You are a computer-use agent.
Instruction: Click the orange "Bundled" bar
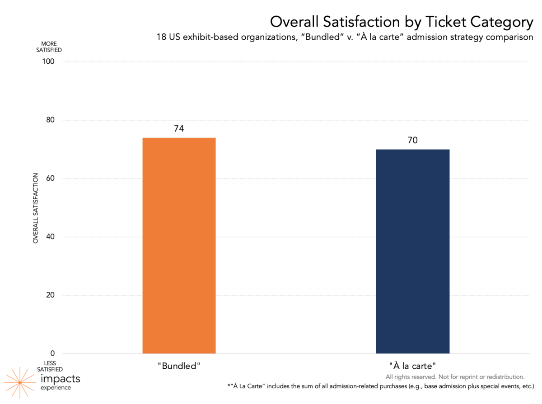(x=179, y=245)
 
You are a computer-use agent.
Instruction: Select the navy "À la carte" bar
(x=412, y=251)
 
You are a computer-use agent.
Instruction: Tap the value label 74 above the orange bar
(x=179, y=129)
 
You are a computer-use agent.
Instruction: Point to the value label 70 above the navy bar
(x=412, y=141)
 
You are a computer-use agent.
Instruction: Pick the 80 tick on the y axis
(x=49, y=120)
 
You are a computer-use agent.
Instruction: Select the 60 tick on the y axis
(x=49, y=179)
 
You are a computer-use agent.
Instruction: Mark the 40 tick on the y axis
(x=49, y=237)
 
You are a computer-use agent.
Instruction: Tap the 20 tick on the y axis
(x=49, y=296)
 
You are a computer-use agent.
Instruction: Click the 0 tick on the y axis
(x=51, y=354)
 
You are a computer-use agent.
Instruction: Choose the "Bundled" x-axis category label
(x=179, y=366)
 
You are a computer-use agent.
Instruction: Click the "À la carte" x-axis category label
(x=412, y=366)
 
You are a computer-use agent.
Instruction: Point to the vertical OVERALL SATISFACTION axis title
(x=35, y=208)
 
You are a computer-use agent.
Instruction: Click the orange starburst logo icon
(x=19, y=382)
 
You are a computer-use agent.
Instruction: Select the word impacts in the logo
(x=60, y=379)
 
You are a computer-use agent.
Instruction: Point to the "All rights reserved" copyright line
(x=454, y=377)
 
